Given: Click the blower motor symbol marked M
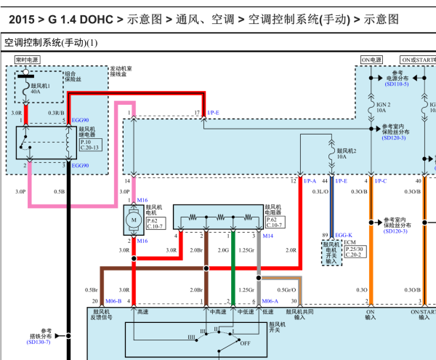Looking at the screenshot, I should pyautogui.click(x=133, y=219).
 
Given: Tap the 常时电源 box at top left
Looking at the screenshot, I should pyautogui.click(x=25, y=60).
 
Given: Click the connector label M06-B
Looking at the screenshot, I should pyautogui.click(x=113, y=301).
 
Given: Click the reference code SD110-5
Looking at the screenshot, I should pyautogui.click(x=397, y=85).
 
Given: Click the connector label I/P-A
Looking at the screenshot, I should pyautogui.click(x=310, y=180).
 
